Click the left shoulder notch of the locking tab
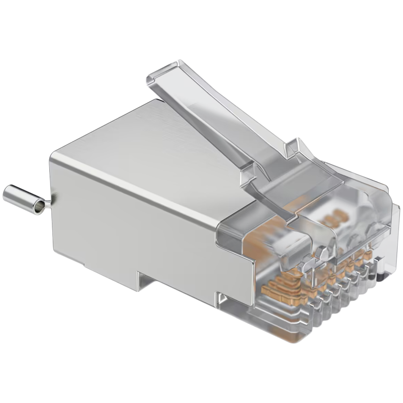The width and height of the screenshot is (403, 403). pos(248,172)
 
